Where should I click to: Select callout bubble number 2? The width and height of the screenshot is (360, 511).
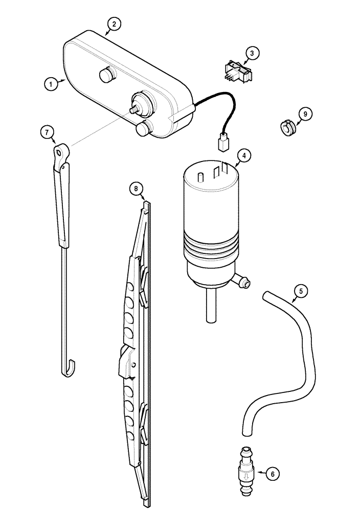tap(114, 24)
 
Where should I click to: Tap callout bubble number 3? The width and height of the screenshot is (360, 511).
tap(252, 53)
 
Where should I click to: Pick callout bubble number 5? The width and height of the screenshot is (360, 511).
tap(301, 291)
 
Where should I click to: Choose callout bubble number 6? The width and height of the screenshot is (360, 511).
tap(272, 474)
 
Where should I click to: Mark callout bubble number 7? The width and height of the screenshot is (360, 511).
tap(47, 132)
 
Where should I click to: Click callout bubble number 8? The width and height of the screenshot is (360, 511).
tap(136, 189)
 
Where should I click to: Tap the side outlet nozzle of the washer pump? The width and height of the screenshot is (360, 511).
tap(244, 282)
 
